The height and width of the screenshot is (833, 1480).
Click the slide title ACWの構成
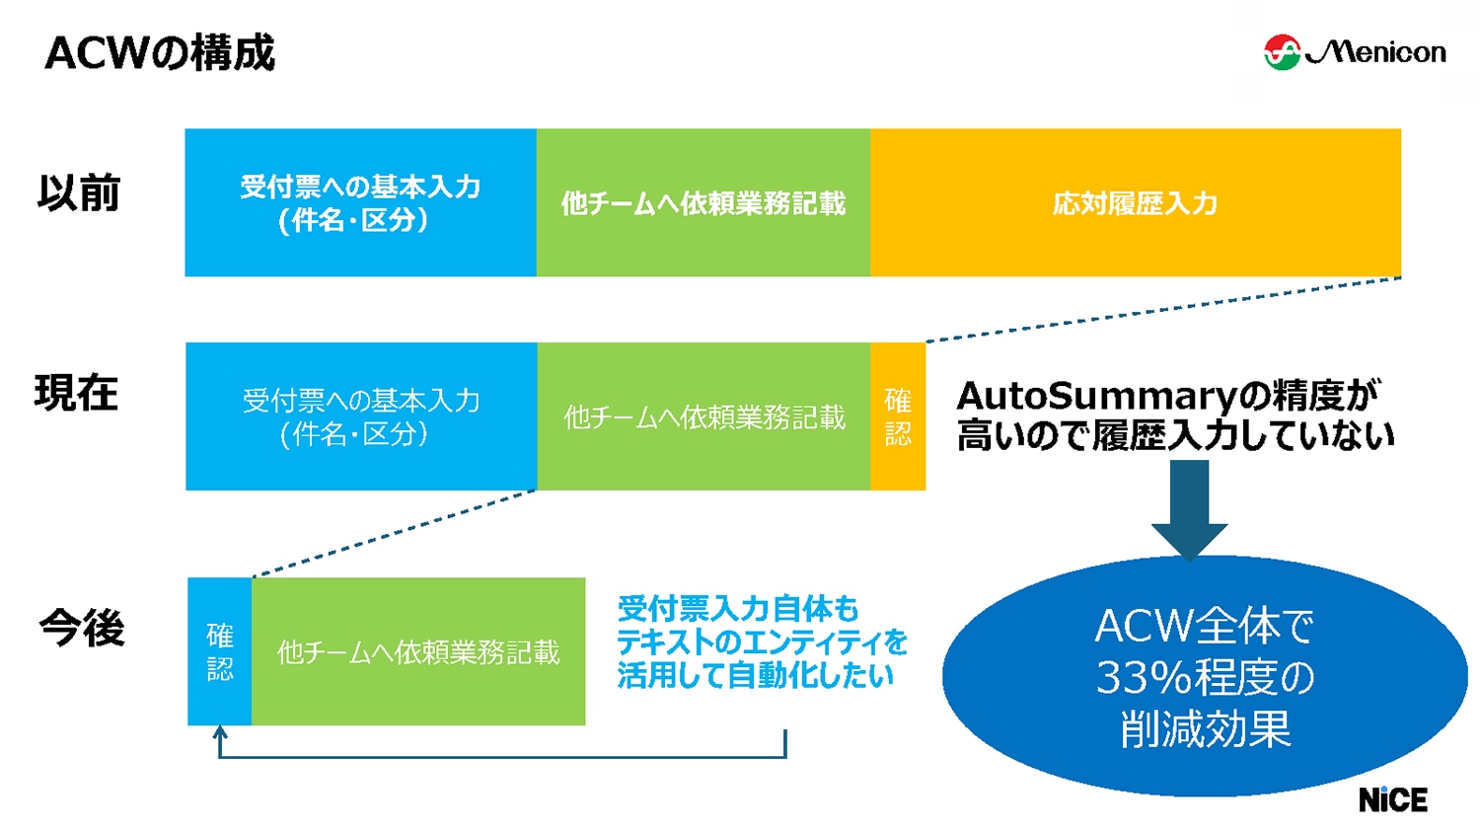coord(160,53)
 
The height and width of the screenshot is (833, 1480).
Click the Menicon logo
coord(1355,51)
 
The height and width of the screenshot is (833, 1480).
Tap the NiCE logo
coord(1392,799)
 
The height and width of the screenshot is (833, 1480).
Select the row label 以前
coord(79,192)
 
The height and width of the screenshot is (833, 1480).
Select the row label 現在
coord(77,393)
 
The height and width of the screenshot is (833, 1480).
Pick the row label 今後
coord(82,628)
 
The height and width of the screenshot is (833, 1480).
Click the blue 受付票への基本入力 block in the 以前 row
coord(360,202)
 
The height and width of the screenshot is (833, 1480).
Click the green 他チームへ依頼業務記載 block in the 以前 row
coord(703,202)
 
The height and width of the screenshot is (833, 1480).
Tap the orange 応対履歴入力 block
coord(1135,202)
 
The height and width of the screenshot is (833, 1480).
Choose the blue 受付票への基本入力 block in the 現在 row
coord(361,416)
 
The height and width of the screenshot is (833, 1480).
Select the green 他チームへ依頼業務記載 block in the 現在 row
coord(703,416)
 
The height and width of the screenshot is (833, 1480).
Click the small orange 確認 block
coord(898,416)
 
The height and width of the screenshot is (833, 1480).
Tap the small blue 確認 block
coord(219,651)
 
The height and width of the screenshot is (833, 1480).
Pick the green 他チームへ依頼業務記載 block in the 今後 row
coord(418,651)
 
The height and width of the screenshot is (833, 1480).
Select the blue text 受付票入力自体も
coord(737,608)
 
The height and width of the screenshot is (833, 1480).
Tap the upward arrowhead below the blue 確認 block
coord(220,733)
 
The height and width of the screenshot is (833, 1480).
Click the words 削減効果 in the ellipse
coord(1205,730)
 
